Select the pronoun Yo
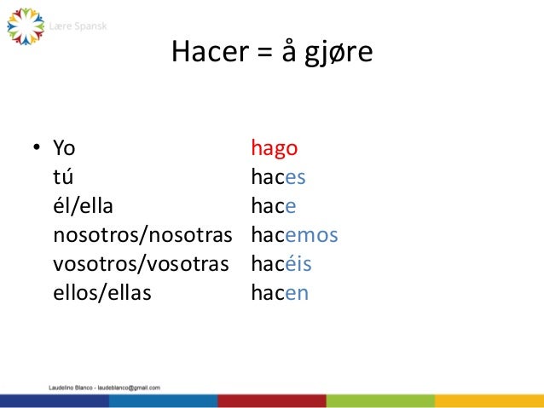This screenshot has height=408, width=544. click(x=64, y=148)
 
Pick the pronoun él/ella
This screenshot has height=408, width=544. click(x=83, y=206)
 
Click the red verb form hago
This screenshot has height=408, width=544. click(x=274, y=149)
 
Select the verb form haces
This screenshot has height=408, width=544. click(x=278, y=177)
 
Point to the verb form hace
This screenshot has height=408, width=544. click(x=273, y=206)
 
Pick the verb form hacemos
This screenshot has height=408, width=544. click(x=294, y=235)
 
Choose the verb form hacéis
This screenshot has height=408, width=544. click(x=281, y=264)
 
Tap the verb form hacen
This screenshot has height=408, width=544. click(x=279, y=293)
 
